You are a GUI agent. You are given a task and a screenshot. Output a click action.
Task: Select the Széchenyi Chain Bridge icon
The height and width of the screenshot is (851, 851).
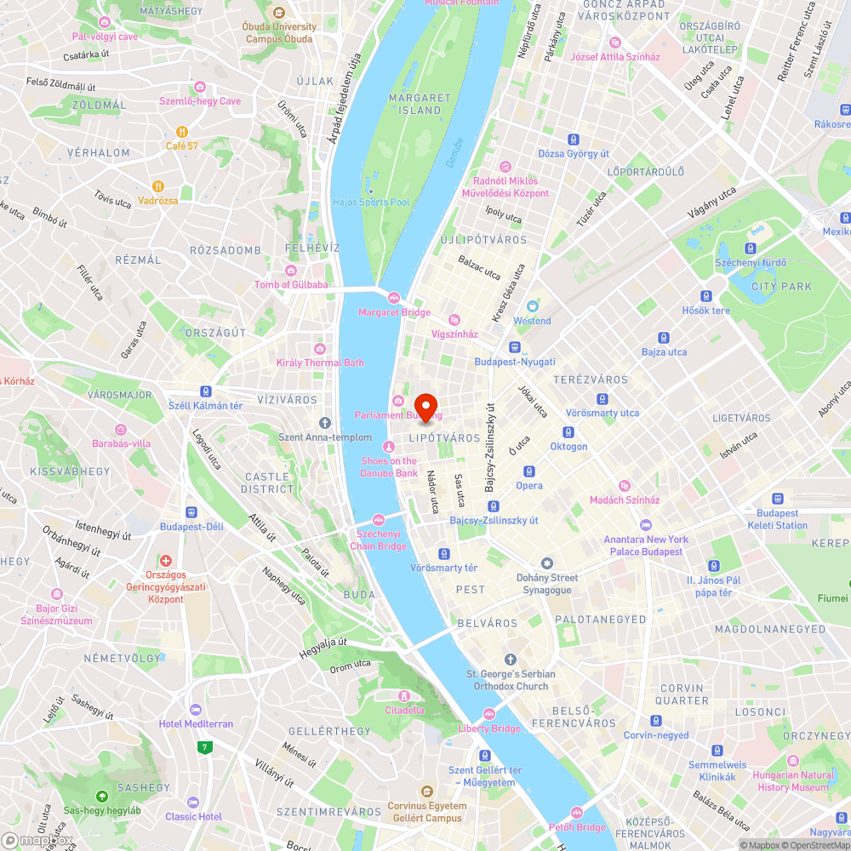(379, 520)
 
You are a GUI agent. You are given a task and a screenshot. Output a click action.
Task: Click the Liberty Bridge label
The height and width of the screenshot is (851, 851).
(489, 728)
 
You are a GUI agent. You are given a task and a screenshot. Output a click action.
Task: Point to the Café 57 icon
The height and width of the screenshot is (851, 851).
(182, 132)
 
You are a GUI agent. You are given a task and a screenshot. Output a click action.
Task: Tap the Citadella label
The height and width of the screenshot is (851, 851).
(404, 710)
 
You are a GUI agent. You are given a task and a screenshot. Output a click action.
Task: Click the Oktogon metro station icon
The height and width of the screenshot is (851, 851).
(568, 432)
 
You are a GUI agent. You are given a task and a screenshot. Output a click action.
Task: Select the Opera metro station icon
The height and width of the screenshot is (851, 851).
(528, 471)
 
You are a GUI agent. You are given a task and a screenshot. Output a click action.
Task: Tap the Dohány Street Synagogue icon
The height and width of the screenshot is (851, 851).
(547, 563)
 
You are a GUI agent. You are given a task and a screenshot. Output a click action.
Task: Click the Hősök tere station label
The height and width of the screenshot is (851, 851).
(706, 311)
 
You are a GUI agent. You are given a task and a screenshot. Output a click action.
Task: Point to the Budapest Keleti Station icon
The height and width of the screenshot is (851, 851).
(778, 499)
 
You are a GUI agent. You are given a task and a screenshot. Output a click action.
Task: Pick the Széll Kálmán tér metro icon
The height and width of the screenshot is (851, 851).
(205, 391)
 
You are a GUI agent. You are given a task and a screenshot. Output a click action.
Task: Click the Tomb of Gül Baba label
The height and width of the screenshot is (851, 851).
(291, 284)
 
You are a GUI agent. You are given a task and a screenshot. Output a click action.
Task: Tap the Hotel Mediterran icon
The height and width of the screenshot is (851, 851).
(196, 710)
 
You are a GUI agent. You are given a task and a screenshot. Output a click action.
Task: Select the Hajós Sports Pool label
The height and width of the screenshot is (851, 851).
(373, 203)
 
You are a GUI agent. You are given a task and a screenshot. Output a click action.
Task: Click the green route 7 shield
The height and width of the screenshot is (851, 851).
(204, 748)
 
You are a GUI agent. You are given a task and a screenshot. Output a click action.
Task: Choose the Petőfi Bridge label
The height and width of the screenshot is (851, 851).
(577, 827)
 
